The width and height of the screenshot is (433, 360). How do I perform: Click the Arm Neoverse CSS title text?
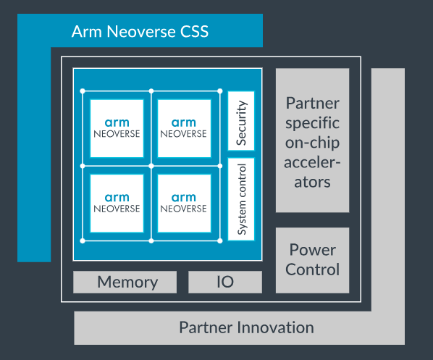pyautogui.click(x=140, y=32)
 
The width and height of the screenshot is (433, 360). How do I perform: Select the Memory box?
pyautogui.click(x=127, y=282)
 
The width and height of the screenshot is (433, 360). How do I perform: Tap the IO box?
pyautogui.click(x=225, y=282)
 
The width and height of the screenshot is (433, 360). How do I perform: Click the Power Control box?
pyautogui.click(x=312, y=259)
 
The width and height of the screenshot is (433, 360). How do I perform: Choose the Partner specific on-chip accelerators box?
pyautogui.click(x=312, y=141)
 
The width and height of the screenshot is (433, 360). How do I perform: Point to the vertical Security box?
pyautogui.click(x=241, y=120)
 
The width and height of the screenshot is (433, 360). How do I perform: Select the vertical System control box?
pyautogui.click(x=241, y=200)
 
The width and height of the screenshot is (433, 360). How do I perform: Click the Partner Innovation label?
pyautogui.click(x=246, y=327)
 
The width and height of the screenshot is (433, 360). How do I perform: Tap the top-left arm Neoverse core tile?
pyautogui.click(x=117, y=127)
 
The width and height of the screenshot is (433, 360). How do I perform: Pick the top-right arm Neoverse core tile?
pyautogui.click(x=184, y=127)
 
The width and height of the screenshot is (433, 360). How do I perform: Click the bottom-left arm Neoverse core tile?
pyautogui.click(x=117, y=202)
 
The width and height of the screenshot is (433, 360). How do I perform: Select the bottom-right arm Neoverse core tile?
pyautogui.click(x=184, y=202)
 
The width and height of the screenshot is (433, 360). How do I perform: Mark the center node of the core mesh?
pyautogui.click(x=151, y=165)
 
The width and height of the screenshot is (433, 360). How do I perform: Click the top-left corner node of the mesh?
pyautogui.click(x=83, y=91)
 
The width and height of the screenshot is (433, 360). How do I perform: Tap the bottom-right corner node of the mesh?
pyautogui.click(x=219, y=240)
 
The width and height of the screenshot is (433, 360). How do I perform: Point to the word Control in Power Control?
pyautogui.click(x=312, y=269)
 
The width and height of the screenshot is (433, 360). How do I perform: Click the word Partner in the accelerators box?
pyautogui.click(x=312, y=103)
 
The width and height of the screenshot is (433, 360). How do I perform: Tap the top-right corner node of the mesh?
pyautogui.click(x=219, y=91)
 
